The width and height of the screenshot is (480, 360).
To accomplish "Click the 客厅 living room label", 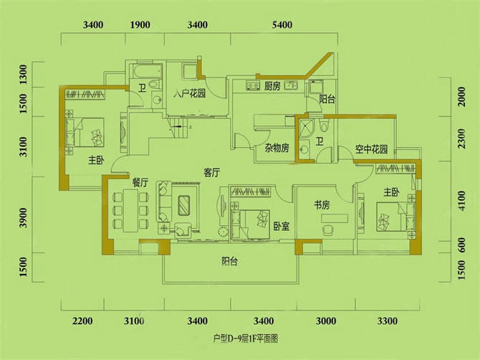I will (x=211, y=173).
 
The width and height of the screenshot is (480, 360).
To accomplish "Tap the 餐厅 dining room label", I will (x=140, y=183).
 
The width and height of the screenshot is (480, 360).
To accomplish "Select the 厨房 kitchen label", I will (x=272, y=87).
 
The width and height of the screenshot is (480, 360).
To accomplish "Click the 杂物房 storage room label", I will (x=276, y=148).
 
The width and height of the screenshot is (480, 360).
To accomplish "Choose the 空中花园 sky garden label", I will (x=372, y=150).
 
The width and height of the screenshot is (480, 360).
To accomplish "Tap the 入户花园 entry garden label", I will (x=191, y=94).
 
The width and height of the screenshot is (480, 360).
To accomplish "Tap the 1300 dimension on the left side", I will (x=24, y=74).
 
